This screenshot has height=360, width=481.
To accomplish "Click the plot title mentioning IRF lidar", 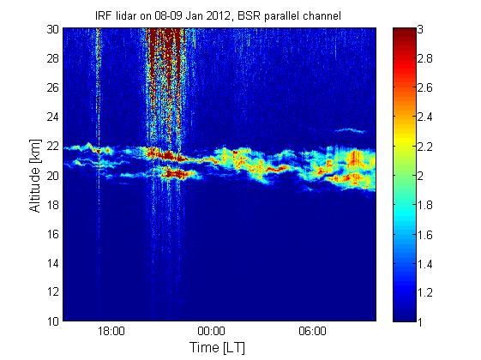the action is (x=218, y=15).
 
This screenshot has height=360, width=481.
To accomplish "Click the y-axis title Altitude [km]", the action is (x=35, y=176).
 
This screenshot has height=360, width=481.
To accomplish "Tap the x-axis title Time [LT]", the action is (x=218, y=348).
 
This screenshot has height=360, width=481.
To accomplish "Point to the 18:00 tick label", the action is (x=111, y=331).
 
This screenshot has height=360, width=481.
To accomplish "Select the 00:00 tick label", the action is (x=212, y=331).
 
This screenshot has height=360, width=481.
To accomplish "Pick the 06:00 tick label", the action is (x=312, y=331).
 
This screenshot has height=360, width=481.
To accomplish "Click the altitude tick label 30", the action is (x=53, y=29).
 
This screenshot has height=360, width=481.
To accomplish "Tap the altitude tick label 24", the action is (x=53, y=117).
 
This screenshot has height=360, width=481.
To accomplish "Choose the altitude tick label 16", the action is (x=53, y=234).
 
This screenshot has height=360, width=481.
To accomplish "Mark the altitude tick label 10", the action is (x=53, y=321).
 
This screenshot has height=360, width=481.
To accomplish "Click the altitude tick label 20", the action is (x=53, y=176).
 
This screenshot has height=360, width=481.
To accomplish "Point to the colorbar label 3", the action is (x=420, y=29).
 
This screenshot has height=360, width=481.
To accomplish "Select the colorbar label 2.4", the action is (x=425, y=117).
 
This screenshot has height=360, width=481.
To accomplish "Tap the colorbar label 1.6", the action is (x=425, y=235).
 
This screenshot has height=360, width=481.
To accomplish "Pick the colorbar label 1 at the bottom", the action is (x=420, y=322).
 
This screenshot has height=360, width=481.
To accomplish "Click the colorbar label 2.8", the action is (x=425, y=58).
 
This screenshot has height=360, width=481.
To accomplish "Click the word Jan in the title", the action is (x=194, y=15).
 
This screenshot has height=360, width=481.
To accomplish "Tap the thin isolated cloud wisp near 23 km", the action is (x=350, y=130).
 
